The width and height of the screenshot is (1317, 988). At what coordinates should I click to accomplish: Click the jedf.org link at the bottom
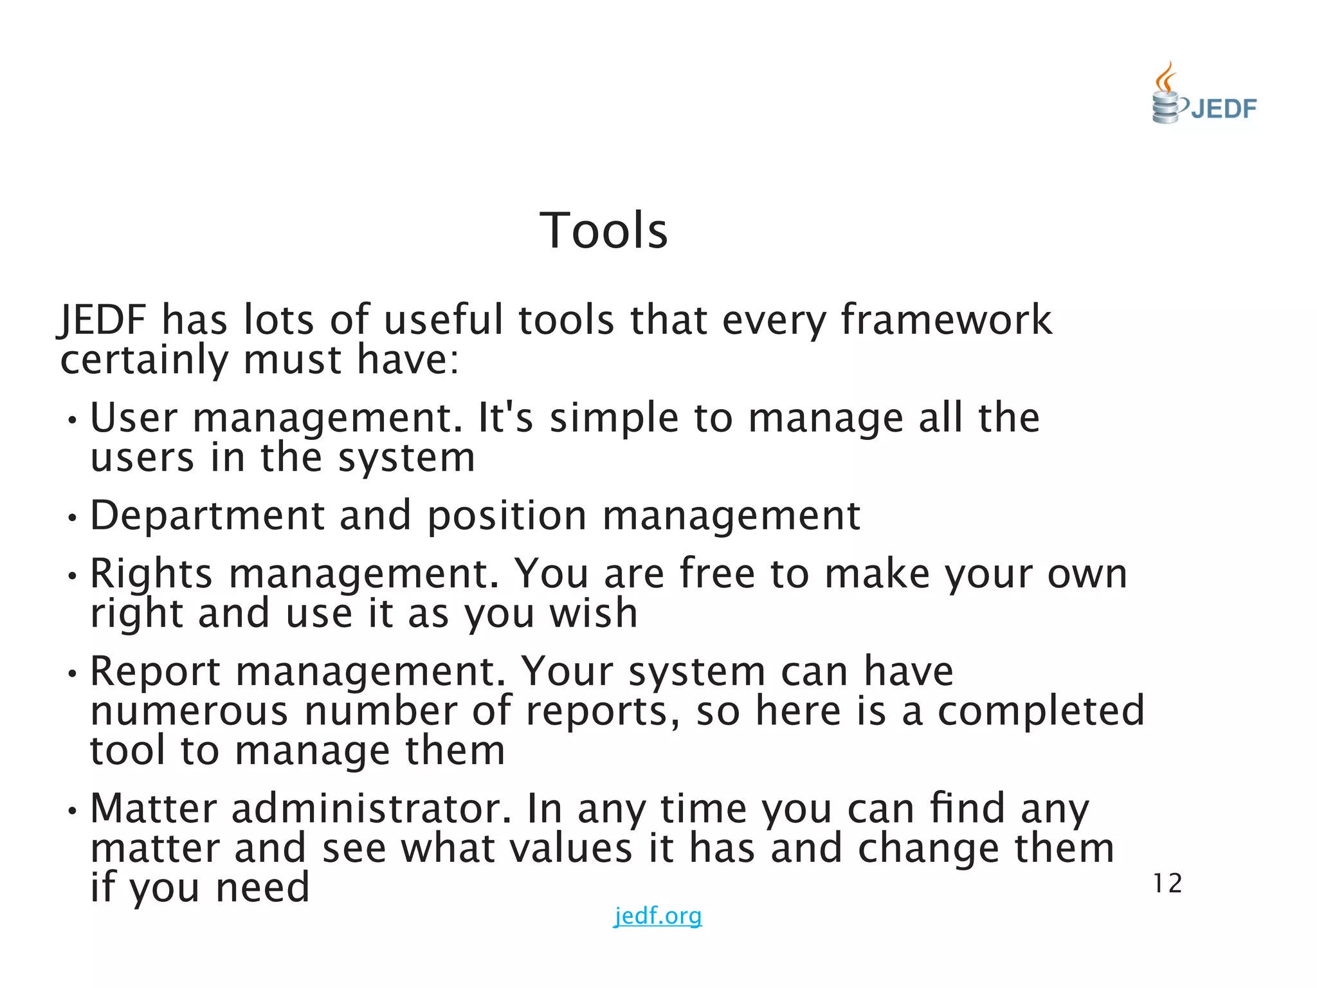(657, 915)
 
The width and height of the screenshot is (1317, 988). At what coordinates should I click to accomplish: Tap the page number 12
(1167, 884)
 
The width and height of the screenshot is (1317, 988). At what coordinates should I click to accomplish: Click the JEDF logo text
(1223, 109)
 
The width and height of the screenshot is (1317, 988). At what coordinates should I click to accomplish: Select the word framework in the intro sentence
(946, 320)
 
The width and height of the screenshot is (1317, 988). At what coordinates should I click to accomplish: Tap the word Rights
(151, 573)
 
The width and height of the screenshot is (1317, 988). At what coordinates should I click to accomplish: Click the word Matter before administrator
(154, 809)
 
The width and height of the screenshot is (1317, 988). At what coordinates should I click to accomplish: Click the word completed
(1040, 711)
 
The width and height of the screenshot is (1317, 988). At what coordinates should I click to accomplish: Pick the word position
(507, 516)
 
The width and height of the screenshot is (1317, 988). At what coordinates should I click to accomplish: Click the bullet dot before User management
(73, 421)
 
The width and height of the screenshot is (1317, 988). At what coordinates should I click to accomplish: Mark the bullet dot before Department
(73, 518)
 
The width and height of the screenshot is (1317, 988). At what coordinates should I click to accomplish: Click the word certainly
(144, 360)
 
